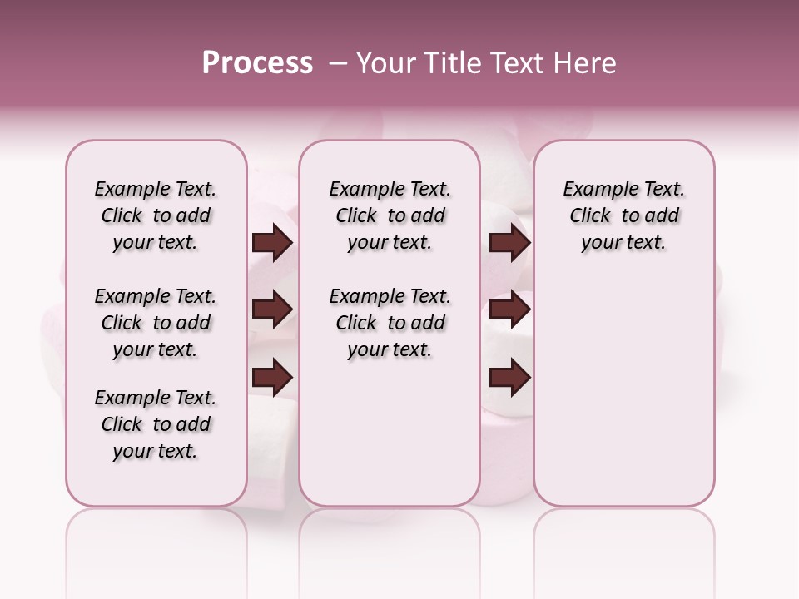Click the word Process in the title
coord(257,63)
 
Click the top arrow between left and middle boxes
coord(272,243)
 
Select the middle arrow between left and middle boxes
coord(272,310)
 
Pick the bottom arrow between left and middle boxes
coord(272,377)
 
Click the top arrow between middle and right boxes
coord(510,243)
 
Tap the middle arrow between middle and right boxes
coord(510,310)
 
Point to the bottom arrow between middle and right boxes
coord(510,377)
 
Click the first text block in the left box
coord(156,215)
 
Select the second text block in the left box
coord(156,323)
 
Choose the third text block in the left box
coord(156,424)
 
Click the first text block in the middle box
coord(390,215)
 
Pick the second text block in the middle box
coord(390,323)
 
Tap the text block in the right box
coord(623,215)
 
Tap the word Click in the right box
coord(590,216)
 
